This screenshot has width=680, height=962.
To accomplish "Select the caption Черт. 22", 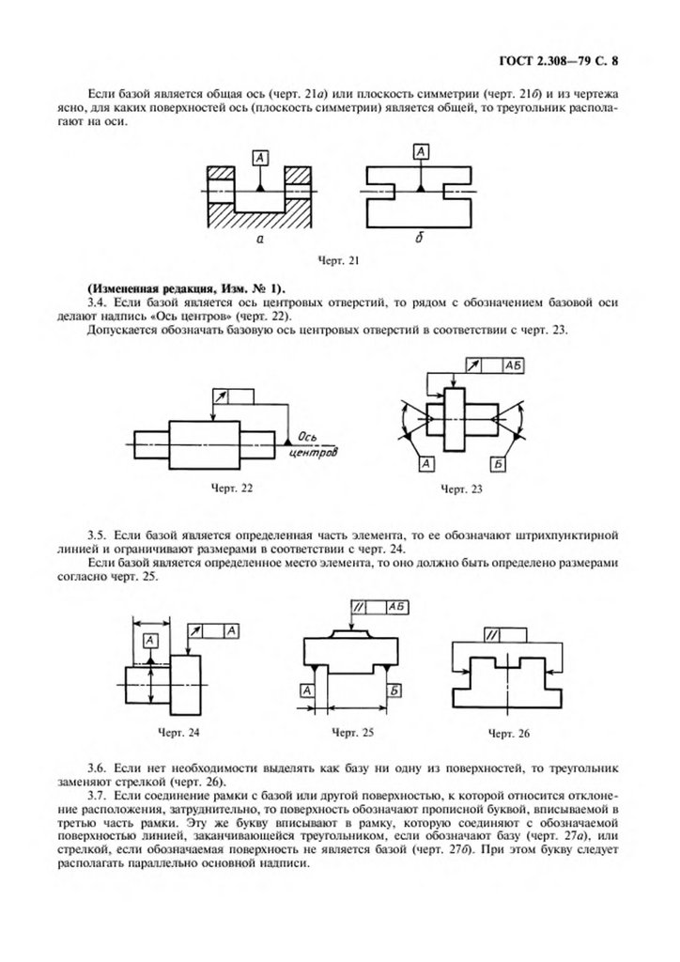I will click(229, 488).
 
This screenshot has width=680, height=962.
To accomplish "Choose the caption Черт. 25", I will click(347, 730).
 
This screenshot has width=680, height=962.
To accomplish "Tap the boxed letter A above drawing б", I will click(423, 149).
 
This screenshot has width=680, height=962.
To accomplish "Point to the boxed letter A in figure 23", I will click(425, 464).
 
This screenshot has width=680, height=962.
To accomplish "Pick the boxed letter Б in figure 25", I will click(394, 691).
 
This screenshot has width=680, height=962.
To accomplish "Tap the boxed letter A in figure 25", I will click(307, 691).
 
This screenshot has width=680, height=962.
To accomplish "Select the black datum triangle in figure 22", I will click(286, 439).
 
